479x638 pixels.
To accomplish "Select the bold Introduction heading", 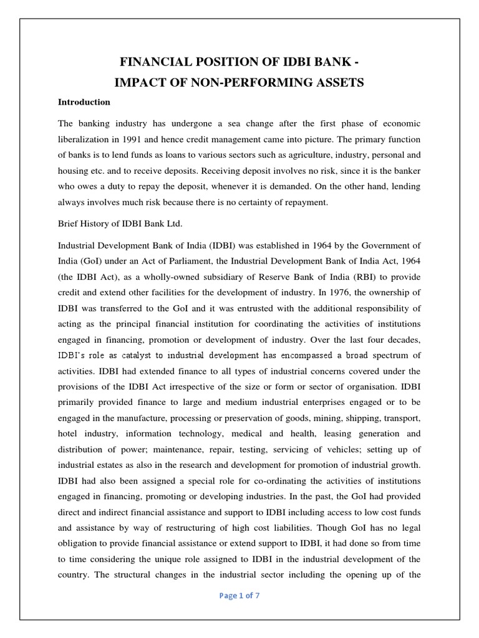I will pyautogui.click(x=84, y=102).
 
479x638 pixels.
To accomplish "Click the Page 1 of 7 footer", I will pyautogui.click(x=240, y=596).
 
